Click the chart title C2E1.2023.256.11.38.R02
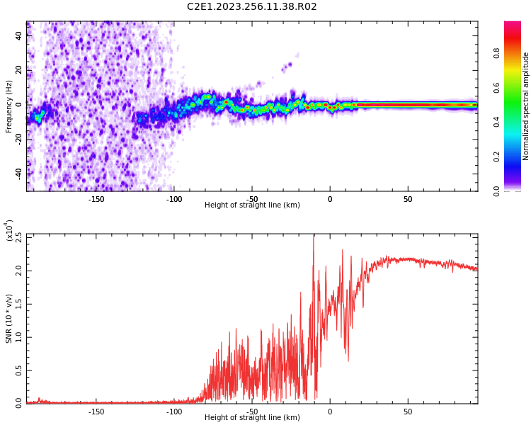(252, 7)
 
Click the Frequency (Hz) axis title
(9, 106)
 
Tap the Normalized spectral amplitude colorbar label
(526, 106)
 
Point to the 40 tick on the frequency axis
(19, 35)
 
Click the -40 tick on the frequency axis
(18, 173)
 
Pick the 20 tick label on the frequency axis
(19, 70)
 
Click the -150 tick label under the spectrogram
(96, 199)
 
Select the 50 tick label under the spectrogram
(408, 199)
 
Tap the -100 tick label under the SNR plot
(174, 412)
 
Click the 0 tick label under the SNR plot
(329, 412)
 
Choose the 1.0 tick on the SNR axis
(18, 336)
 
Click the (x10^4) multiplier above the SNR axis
(9, 231)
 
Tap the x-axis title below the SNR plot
(252, 418)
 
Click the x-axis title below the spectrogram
(252, 205)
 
